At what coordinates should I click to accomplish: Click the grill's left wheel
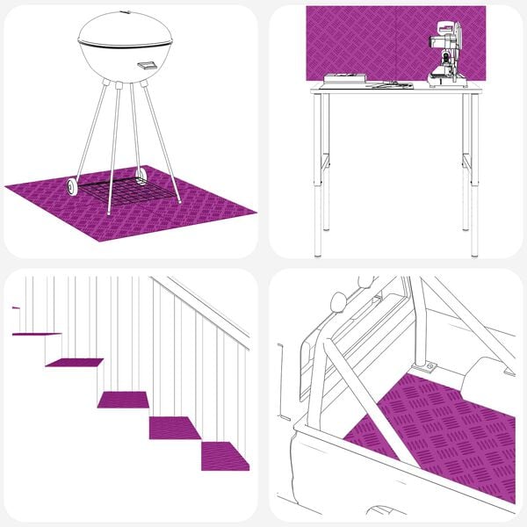[70, 186]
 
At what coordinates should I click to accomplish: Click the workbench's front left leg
[317, 176]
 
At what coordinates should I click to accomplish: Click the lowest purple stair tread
[225, 455]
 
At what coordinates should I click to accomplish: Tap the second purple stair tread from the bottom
[174, 427]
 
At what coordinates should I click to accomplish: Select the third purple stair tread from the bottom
[123, 400]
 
